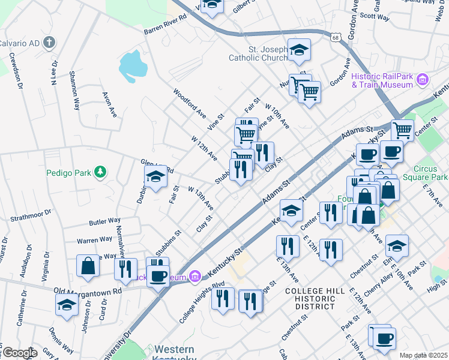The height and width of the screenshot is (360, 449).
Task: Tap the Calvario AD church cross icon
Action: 49,43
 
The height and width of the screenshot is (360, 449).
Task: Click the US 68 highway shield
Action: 334,37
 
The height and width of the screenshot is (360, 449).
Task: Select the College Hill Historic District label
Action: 315,298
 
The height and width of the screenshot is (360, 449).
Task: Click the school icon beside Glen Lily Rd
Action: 155,177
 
